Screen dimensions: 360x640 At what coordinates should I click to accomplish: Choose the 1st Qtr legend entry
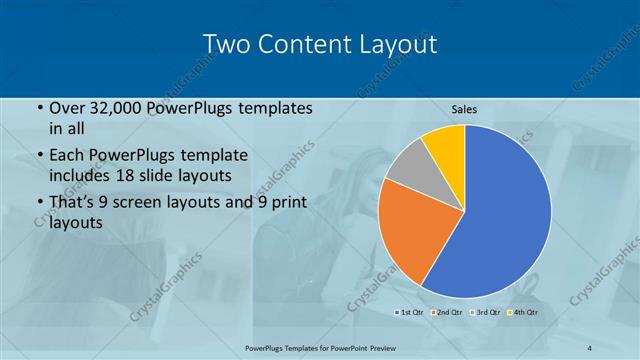pyautogui.click(x=410, y=313)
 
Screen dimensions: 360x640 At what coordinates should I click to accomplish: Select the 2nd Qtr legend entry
pyautogui.click(x=446, y=313)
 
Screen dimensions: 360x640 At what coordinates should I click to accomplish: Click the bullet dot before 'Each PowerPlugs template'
pyautogui.click(x=39, y=156)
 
